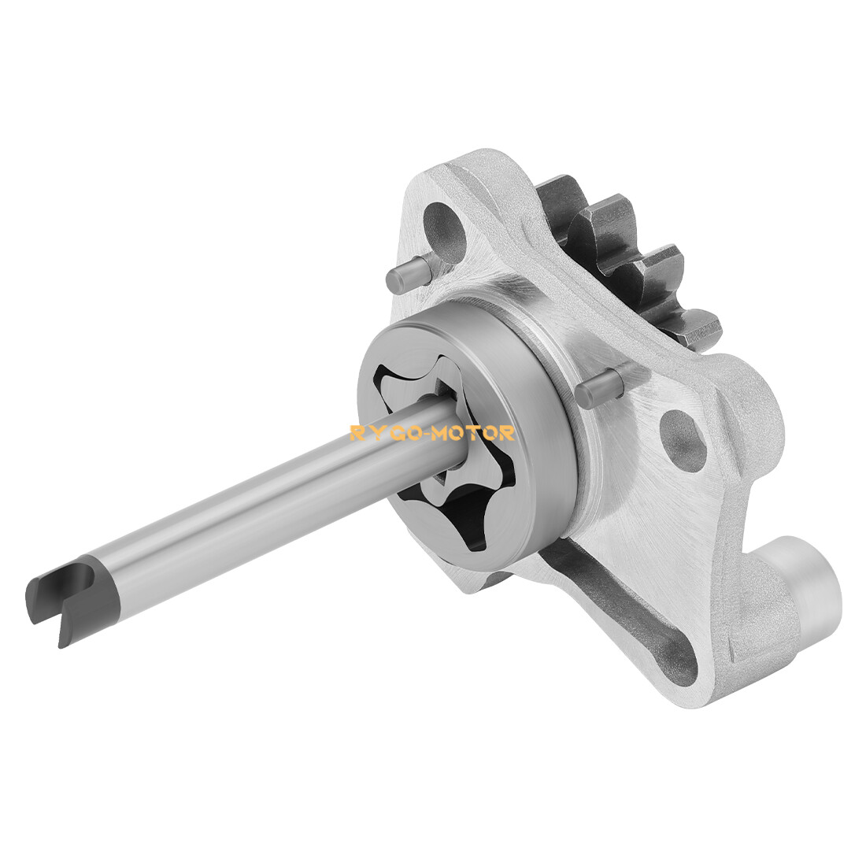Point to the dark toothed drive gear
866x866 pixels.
622,252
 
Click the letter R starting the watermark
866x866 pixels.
356,433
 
